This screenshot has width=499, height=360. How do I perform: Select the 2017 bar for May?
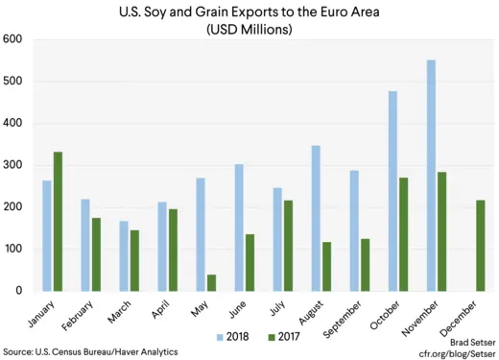pyautogui.click(x=211, y=282)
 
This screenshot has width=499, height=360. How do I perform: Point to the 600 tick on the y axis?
pyautogui.click(x=13, y=40)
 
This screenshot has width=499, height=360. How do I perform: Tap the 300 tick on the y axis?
pyautogui.click(x=13, y=165)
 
